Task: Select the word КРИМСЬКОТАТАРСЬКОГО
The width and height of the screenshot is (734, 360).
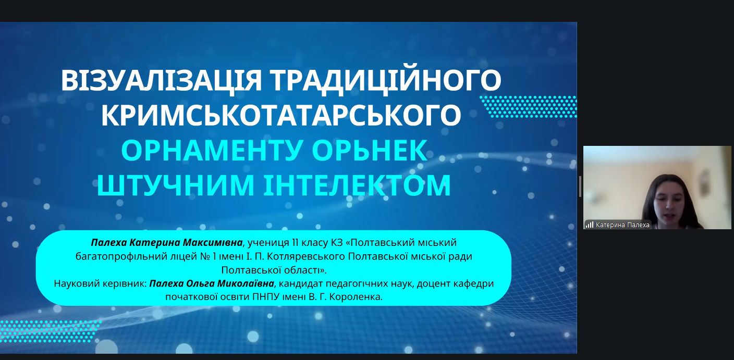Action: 281,115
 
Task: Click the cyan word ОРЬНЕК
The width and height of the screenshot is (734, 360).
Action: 370,151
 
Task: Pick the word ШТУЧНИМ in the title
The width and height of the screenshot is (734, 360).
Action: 175,185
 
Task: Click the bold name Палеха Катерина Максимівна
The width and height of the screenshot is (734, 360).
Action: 167,243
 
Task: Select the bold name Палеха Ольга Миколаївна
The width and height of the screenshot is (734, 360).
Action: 212,283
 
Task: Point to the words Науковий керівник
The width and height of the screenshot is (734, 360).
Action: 100,283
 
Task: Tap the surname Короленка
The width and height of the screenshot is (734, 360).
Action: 356,297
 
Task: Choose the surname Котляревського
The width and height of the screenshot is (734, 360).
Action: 306,256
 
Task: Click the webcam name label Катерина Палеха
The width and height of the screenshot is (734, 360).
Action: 622,225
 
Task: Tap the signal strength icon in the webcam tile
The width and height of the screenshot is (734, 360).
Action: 590,225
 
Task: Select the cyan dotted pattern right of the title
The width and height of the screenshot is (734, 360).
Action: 528,107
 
